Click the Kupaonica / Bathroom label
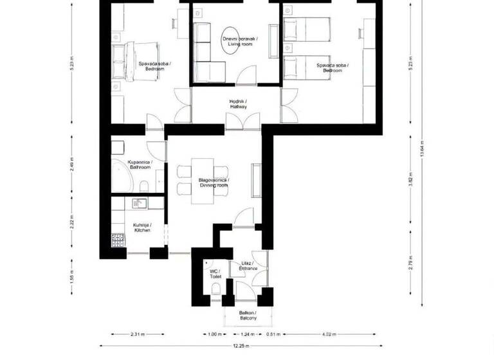click(139, 165)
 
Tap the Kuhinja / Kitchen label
click(142, 228)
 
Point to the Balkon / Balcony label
click(247, 316)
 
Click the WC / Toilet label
click(215, 274)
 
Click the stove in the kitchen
click(118, 241)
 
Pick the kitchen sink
click(139, 204)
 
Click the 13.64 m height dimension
click(421, 148)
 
